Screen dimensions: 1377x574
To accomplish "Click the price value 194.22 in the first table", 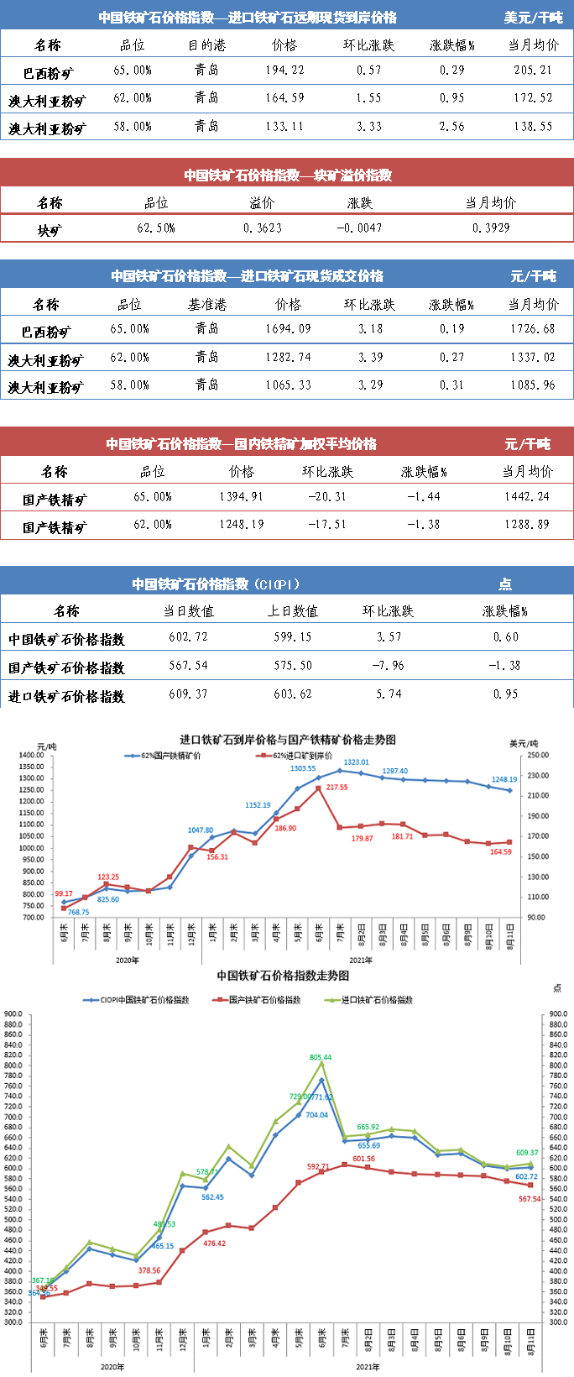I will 284,71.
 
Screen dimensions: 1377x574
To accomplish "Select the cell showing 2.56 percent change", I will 451,127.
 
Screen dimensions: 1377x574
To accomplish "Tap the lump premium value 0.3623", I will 263,228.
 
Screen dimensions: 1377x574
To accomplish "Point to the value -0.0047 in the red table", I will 359,228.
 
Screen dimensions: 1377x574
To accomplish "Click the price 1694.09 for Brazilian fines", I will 288,329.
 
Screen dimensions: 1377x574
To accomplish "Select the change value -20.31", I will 327,497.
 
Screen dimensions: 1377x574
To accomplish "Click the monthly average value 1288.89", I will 527,525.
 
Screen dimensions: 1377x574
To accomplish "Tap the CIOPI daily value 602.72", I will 188,637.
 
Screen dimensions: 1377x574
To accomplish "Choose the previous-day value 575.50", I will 293,666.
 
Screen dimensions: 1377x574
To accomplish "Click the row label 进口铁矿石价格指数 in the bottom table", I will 66,696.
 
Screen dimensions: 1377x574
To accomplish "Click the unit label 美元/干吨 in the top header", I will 533,18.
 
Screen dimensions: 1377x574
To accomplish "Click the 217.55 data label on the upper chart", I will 337,788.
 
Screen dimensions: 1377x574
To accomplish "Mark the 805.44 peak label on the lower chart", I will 321,1057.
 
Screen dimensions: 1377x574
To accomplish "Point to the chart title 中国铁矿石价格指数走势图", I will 283,976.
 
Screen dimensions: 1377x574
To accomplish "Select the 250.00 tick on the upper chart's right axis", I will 538,756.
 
